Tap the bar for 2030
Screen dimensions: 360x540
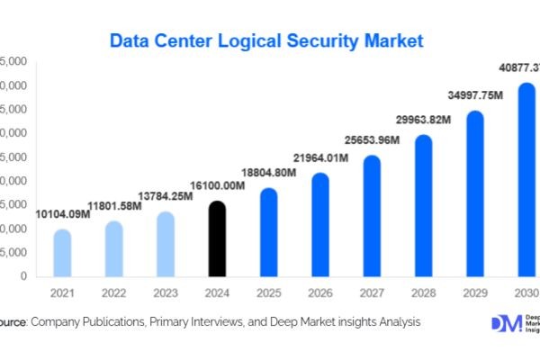pos(526,180)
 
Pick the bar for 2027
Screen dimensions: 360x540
pos(372,216)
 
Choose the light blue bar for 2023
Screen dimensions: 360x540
pos(165,244)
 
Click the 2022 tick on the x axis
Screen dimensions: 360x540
pos(113,293)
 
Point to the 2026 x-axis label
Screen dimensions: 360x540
pos(319,293)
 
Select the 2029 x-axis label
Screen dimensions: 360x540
pos(474,293)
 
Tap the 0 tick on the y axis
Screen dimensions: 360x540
pos(22,276)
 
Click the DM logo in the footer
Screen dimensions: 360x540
pos(506,325)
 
